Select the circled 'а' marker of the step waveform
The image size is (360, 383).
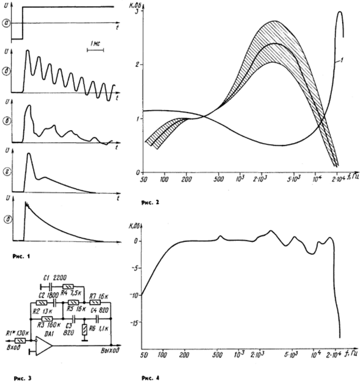7,23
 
